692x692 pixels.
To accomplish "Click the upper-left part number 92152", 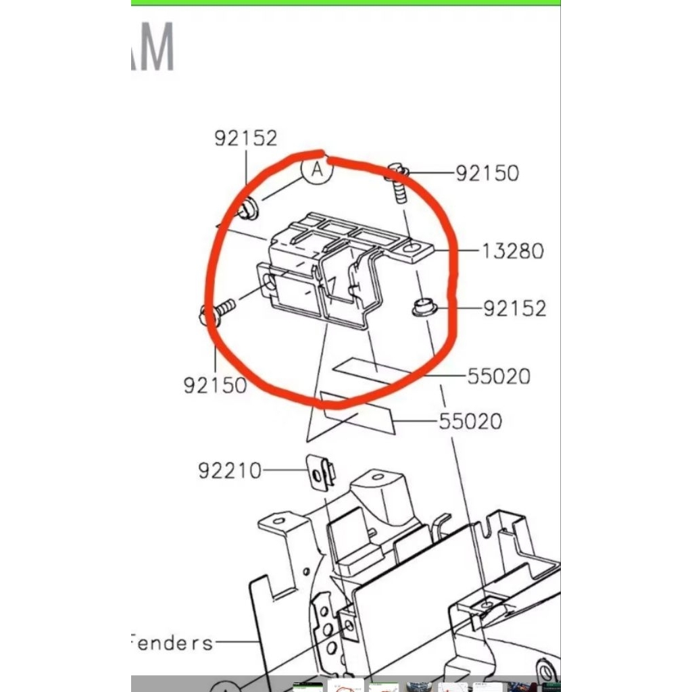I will [x=246, y=138].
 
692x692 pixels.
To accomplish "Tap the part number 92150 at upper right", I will [x=487, y=173].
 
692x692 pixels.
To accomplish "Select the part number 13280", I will [x=513, y=251].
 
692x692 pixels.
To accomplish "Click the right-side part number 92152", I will [x=514, y=309].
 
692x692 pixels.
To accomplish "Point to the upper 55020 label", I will [x=499, y=376].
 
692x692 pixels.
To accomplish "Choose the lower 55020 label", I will [x=470, y=422].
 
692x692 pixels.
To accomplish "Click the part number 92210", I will [x=230, y=470].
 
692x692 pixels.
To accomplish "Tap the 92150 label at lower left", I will [x=215, y=385].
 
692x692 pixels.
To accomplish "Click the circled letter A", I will [x=317, y=171].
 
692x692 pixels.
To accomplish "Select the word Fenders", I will [x=172, y=643].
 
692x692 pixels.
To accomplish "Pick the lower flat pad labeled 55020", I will [x=357, y=412].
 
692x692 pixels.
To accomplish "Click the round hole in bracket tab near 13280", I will [x=411, y=252].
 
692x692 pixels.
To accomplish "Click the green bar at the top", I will [x=345, y=3].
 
